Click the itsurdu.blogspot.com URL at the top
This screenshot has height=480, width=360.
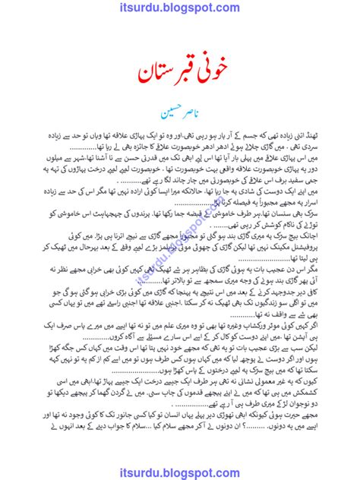(x=180, y=10)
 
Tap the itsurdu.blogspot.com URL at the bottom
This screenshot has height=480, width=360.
(x=180, y=468)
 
